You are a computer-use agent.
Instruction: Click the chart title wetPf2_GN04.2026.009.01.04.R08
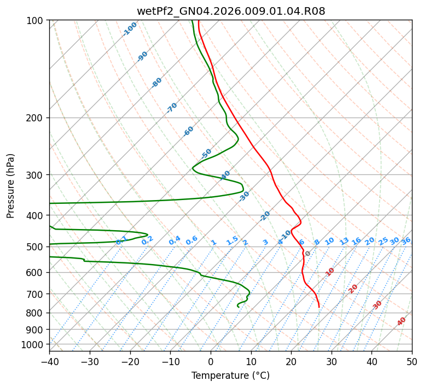230,11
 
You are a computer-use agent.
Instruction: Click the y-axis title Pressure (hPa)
11,186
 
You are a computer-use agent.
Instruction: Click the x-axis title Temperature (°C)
230,376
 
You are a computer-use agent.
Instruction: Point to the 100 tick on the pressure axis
37,21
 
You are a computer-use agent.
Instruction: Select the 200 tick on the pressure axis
37,118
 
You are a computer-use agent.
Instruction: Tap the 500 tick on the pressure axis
37,247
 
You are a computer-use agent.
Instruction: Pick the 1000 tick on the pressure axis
34,344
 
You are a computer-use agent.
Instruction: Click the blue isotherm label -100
130,29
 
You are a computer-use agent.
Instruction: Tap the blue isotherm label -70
172,108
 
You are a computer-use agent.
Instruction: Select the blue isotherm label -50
206,154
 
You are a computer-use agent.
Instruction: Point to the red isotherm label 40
402,321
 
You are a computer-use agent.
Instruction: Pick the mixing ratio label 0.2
147,241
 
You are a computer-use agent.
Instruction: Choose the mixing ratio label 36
405,241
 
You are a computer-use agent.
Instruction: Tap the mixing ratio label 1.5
232,241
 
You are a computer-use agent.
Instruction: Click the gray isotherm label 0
307,254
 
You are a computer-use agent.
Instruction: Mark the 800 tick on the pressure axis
37,313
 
